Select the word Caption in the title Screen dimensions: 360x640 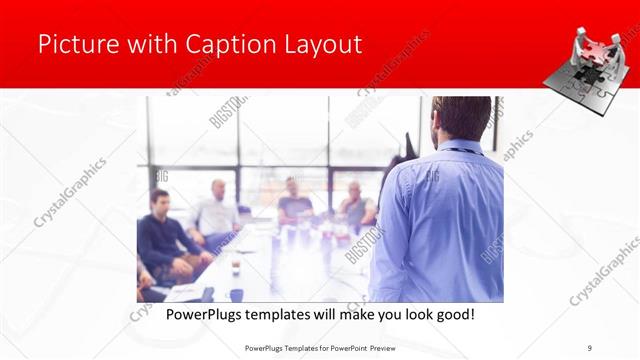tap(219, 44)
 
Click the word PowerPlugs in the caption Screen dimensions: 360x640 tap(199, 314)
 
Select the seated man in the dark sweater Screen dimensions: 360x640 tap(165, 235)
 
